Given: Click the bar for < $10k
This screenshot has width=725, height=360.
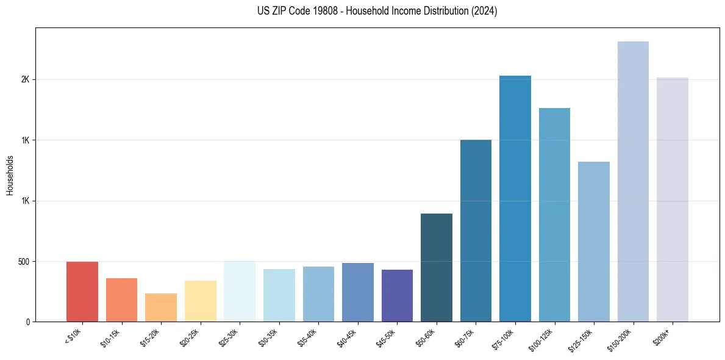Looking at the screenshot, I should (82, 292).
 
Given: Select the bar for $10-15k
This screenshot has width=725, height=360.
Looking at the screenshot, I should (121, 300).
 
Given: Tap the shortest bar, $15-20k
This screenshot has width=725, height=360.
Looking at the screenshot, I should (161, 308).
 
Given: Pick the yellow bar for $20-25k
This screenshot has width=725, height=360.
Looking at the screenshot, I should (201, 301).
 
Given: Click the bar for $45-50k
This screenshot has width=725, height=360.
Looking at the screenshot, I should (397, 296).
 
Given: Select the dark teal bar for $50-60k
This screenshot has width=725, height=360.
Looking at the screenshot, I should (437, 268).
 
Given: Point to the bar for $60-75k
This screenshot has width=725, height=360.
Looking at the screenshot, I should (476, 231).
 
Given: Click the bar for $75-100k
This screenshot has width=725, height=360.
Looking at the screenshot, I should (515, 199).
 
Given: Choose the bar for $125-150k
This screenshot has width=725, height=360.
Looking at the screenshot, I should (594, 242).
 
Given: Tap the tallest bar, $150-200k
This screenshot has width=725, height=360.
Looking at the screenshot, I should (633, 182).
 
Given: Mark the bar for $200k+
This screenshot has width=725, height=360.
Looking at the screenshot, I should (673, 200).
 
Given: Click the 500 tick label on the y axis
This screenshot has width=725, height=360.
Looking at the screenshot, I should (24, 261).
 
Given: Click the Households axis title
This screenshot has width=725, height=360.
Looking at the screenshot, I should (10, 175).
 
